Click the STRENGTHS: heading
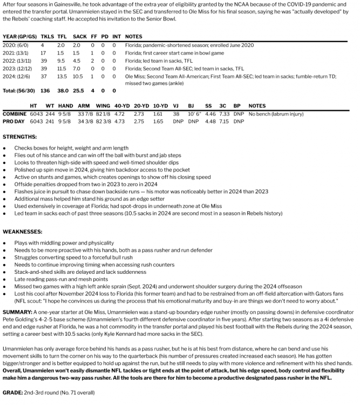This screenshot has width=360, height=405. [x=19, y=136]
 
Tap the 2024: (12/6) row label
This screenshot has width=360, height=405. [x=18, y=77]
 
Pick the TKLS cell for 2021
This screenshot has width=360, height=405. [x=43, y=53]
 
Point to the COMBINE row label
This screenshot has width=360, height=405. [x=15, y=114]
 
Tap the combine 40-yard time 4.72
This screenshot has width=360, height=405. [x=120, y=114]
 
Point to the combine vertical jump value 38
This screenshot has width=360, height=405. [x=176, y=114]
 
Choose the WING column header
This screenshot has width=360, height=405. [x=103, y=106]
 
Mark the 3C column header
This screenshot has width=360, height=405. [x=222, y=106]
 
